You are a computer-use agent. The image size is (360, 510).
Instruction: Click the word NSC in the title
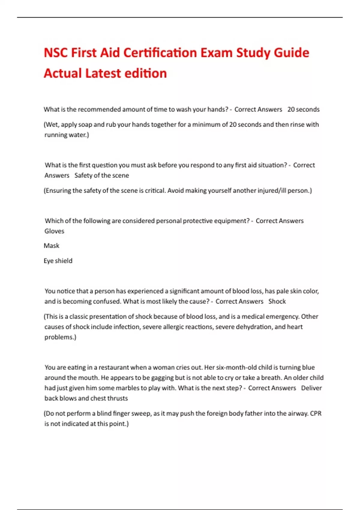55,53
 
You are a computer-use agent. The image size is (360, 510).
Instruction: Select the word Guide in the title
292,53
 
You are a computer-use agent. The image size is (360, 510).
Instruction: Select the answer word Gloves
54,231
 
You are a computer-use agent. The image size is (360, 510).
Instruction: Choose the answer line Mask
52,246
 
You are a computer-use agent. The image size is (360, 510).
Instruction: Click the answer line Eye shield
58,261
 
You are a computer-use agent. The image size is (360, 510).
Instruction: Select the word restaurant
114,367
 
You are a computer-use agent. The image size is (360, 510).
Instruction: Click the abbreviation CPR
316,413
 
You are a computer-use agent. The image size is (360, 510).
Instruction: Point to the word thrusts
117,398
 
